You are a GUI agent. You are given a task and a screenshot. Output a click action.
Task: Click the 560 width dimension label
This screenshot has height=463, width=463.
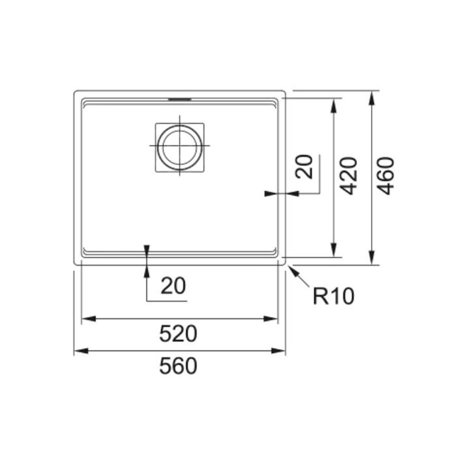click(x=178, y=366)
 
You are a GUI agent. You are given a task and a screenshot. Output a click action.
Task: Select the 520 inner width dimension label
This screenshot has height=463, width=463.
click(x=178, y=333)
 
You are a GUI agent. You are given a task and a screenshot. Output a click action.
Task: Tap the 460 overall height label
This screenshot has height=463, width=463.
click(x=386, y=176)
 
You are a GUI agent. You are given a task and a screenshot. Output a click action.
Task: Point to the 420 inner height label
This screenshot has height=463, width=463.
click(x=348, y=176)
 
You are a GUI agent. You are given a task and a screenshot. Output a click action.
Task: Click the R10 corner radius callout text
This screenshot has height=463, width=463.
click(x=333, y=296)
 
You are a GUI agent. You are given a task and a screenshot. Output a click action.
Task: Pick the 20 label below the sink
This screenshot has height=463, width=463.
click(x=173, y=286)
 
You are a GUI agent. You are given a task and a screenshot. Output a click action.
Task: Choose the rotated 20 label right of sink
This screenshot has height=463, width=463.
click(x=304, y=167)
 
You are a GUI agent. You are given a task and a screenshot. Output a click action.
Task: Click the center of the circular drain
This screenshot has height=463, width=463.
click(x=180, y=146)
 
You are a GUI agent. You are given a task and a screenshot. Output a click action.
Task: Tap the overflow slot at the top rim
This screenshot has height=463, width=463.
click(x=180, y=99)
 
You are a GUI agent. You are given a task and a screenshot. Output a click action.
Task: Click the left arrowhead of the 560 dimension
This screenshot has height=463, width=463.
click(x=81, y=351)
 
